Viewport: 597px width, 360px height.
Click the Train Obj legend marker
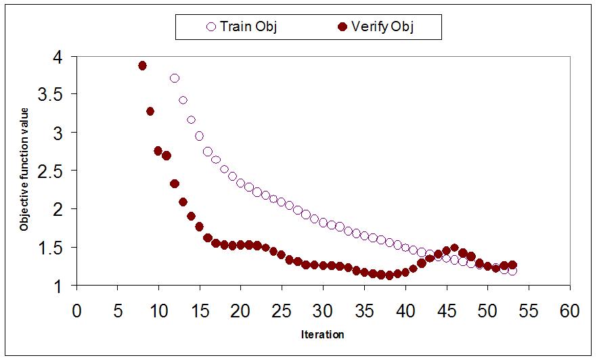(211, 26)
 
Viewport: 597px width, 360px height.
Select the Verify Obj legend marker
(342, 26)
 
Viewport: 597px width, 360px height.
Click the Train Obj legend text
(248, 26)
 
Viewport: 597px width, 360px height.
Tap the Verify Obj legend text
(382, 26)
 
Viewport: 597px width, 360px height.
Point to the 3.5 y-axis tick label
(50, 95)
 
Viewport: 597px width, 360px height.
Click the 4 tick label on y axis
(58, 58)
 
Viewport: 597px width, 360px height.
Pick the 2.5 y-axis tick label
(50, 172)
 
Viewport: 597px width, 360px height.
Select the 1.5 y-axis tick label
(50, 248)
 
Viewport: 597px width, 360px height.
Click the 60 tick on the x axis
(570, 311)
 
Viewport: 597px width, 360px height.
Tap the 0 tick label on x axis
(77, 311)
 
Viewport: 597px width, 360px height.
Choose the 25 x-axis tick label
(282, 311)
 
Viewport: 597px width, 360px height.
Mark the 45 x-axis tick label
(447, 311)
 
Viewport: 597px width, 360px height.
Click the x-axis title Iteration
(322, 334)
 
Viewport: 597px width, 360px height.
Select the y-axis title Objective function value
(24, 169)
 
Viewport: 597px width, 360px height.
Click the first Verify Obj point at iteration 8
(142, 66)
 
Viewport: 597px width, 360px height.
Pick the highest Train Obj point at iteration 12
(175, 78)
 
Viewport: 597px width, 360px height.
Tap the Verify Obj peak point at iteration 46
(454, 248)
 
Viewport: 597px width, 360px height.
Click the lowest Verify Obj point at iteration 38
(389, 275)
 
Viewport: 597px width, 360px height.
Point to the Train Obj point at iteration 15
(199, 136)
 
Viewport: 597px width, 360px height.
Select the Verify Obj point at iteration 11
(167, 156)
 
